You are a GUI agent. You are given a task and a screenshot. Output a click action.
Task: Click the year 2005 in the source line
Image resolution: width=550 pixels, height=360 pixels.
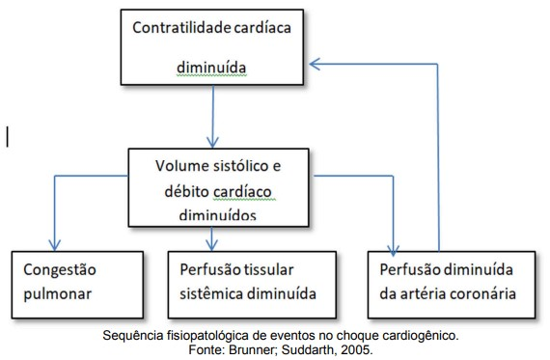354,350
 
